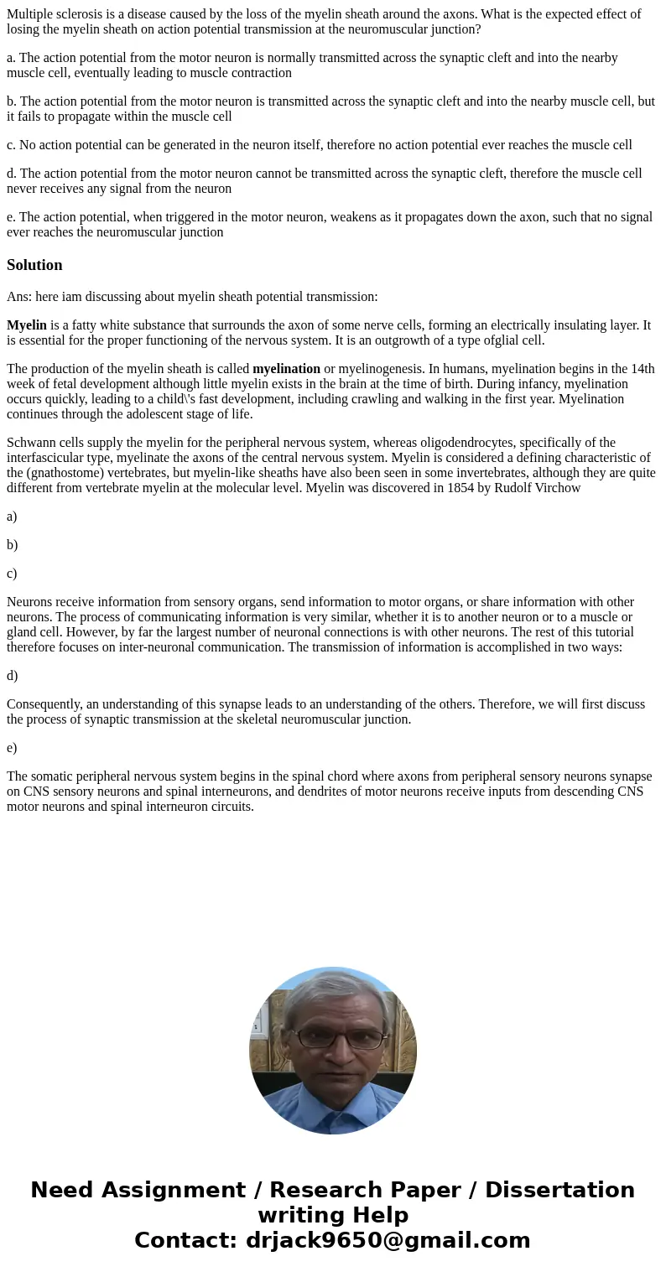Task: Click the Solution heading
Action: coord(34,265)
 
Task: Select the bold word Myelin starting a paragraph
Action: coord(27,325)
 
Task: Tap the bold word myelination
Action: coord(286,369)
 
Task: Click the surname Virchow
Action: coord(555,487)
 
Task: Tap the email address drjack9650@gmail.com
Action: coord(388,1241)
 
